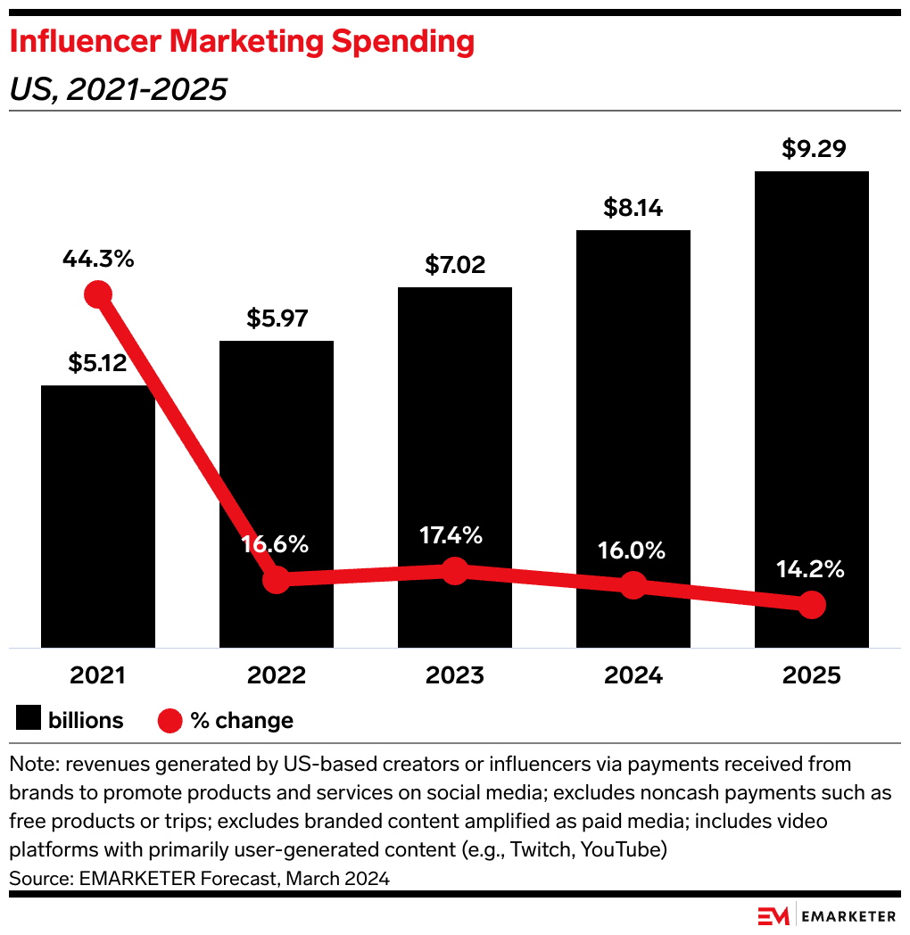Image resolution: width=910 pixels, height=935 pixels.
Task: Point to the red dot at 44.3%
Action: click(x=97, y=294)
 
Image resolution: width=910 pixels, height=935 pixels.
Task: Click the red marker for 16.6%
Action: click(x=277, y=581)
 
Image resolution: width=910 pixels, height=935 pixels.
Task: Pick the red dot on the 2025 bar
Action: click(x=811, y=605)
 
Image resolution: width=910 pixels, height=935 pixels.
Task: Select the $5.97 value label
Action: click(x=277, y=319)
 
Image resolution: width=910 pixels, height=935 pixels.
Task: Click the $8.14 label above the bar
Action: click(x=633, y=208)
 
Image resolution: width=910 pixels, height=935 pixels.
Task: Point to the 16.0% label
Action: click(x=633, y=550)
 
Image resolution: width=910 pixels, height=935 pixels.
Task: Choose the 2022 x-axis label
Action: click(x=277, y=675)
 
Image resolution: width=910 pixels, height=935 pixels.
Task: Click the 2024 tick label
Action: click(x=633, y=675)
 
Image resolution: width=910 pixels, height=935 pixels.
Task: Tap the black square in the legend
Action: click(x=28, y=719)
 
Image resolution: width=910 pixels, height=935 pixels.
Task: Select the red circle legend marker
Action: click(x=170, y=720)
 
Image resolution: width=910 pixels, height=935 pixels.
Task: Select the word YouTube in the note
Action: click(x=623, y=849)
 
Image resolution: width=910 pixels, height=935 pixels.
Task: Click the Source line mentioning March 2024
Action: click(x=199, y=878)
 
